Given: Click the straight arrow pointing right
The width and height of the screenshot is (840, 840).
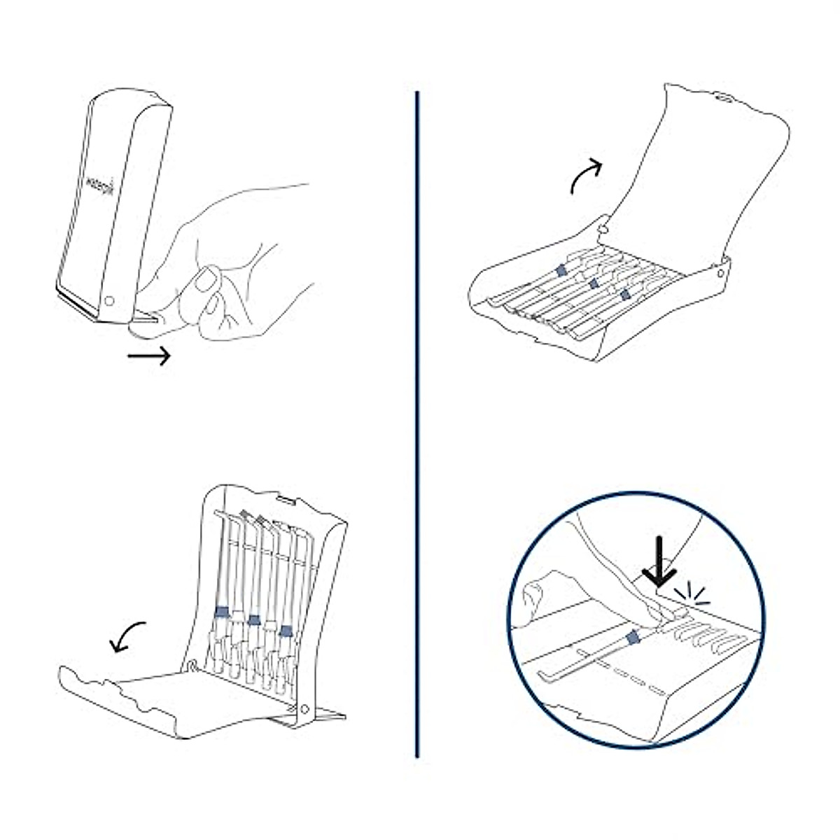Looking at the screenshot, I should pyautogui.click(x=149, y=356).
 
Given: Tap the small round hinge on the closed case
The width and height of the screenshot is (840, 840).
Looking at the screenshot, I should pyautogui.click(x=108, y=302).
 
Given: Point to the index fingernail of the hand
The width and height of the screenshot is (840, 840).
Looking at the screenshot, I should pyautogui.click(x=205, y=281).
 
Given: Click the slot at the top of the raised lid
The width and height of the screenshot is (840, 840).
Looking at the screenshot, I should pyautogui.click(x=724, y=99).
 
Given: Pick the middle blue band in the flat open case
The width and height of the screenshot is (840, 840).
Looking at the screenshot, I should pyautogui.click(x=594, y=283).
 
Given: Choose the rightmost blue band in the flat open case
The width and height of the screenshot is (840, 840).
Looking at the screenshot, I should pyautogui.click(x=624, y=296).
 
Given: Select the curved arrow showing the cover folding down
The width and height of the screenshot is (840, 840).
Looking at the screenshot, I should pyautogui.click(x=129, y=636).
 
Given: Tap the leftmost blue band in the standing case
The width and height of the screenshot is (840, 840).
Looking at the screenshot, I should pyautogui.click(x=221, y=611).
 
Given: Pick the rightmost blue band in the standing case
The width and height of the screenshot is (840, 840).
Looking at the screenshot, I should pyautogui.click(x=285, y=630).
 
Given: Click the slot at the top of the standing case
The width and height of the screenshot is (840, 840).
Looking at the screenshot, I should pyautogui.click(x=286, y=500).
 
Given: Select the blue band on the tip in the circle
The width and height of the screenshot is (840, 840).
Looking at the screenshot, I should pyautogui.click(x=633, y=637).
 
